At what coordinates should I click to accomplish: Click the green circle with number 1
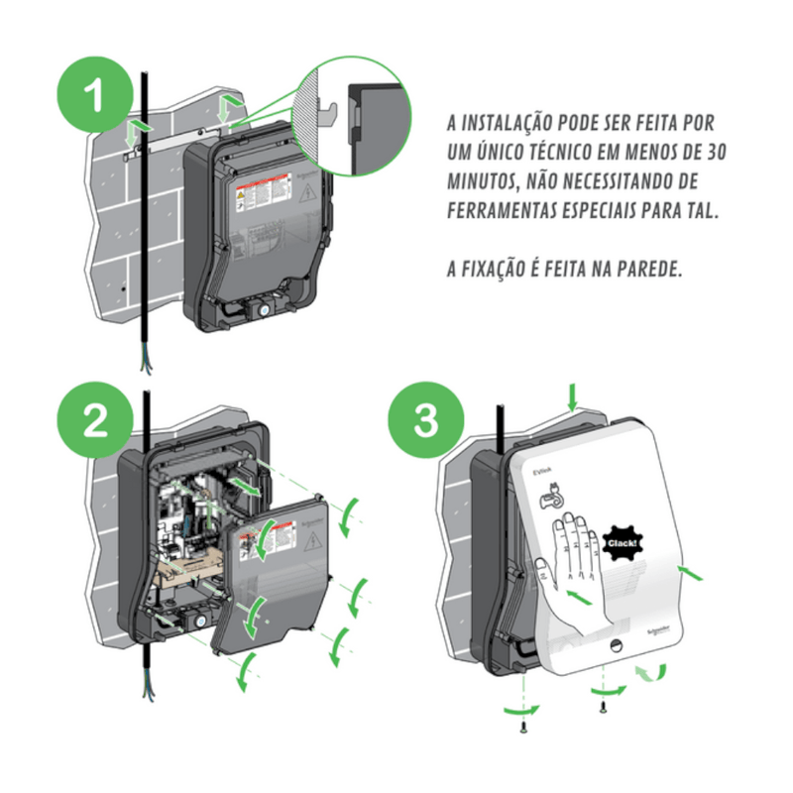[95, 96]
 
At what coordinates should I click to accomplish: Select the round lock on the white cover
[615, 645]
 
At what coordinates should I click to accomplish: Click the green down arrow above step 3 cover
[572, 397]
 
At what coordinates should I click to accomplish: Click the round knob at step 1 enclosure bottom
[265, 308]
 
